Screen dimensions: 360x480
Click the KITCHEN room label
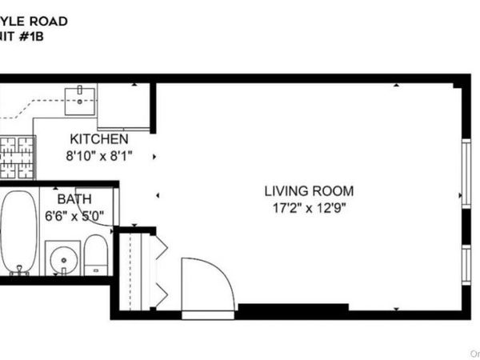coord(98,139)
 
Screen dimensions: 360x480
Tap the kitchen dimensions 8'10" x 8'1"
coord(98,155)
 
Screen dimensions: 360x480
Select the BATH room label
coord(74,198)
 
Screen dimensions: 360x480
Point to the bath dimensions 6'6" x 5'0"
coord(74,214)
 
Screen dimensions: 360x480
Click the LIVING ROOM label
coord(309,192)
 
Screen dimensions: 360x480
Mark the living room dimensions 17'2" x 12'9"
coord(309,208)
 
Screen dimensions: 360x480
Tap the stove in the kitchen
coord(18,157)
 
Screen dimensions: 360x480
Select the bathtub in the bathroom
coord(17,233)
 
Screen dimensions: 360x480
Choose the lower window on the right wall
coord(466,265)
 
